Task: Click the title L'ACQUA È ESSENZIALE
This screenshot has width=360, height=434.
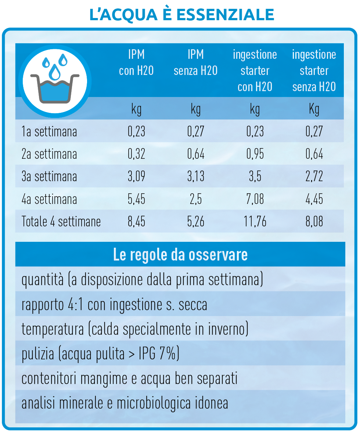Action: coord(181,14)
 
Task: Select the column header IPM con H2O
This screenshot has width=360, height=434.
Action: coord(136,62)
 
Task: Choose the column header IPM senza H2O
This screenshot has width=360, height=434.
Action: coord(195,62)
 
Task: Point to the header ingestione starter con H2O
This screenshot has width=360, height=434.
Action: coord(255,71)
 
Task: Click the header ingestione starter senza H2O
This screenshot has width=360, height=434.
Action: coord(314,71)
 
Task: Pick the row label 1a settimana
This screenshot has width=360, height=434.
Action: coord(49,132)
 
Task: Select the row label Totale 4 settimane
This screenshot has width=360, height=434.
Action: coord(61,222)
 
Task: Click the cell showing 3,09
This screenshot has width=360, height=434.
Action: coord(136,177)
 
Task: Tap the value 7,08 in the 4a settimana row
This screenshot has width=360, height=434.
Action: coord(255,199)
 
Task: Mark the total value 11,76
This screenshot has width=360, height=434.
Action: coord(255,222)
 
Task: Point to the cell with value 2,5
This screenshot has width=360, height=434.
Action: coord(195,199)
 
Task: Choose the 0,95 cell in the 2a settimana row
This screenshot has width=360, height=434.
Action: coord(255,154)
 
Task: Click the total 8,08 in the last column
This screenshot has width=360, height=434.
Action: coord(314,222)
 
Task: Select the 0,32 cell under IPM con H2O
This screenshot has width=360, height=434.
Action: coord(136,154)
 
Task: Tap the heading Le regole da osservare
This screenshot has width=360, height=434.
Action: coord(180,255)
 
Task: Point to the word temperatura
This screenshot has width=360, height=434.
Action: coord(53,329)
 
